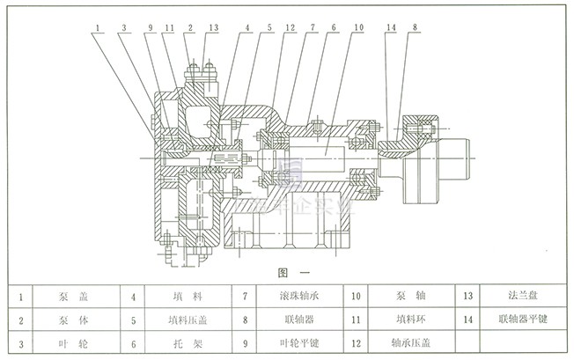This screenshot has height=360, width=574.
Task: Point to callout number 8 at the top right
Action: click(415, 27)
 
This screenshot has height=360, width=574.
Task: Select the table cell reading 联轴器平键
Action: click(520, 320)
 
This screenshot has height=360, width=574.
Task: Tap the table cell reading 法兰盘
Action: click(520, 298)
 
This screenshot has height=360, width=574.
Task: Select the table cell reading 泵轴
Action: click(407, 298)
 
